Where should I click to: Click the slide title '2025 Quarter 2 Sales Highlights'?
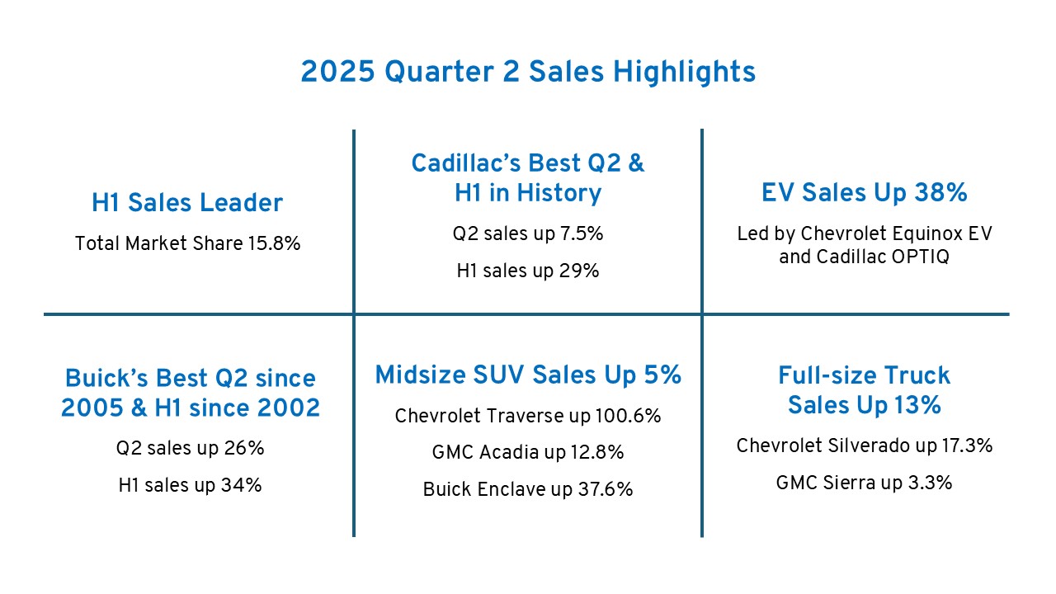coord(528,72)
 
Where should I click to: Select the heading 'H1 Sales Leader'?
coord(187,203)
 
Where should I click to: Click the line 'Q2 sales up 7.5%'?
coord(528,234)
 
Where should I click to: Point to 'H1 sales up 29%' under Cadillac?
coord(528,271)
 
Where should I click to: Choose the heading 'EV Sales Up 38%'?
coord(864,193)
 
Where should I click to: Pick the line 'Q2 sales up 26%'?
coord(190,449)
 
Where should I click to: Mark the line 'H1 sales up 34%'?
coord(190,485)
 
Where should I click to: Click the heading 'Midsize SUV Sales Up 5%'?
coord(528,375)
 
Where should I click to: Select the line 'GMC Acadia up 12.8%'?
coord(528,452)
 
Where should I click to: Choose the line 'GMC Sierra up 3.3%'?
coord(864,483)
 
